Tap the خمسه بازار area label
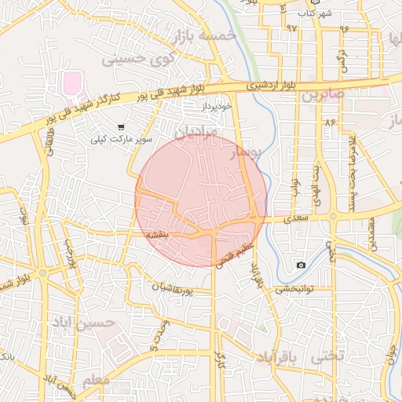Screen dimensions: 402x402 [x=207, y=35]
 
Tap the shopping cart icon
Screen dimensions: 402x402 [x=120, y=126]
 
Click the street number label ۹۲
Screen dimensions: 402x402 [x=291, y=28]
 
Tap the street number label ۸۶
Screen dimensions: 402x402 [x=327, y=122]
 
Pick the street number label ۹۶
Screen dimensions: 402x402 [x=343, y=28]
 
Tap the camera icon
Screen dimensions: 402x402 [x=301, y=265]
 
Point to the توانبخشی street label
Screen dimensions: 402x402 [x=294, y=288]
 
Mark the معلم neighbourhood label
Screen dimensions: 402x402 [x=97, y=382]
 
